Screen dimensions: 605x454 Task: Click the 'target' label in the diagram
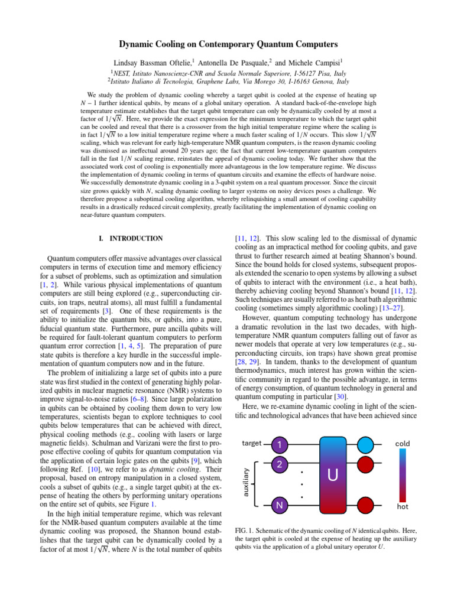252,443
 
